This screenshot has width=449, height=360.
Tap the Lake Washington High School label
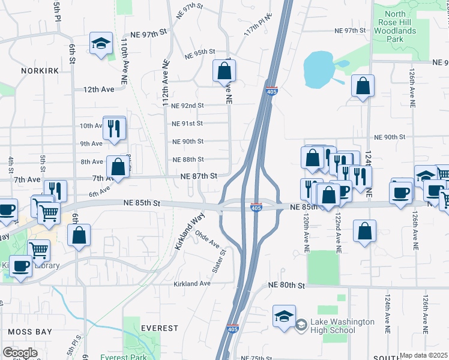coord(342,326)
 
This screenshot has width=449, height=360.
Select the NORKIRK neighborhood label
coord(40,71)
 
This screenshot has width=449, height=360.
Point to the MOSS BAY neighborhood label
coord(30,331)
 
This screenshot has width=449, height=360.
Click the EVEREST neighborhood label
coord(159,328)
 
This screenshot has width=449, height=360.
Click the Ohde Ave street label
coord(206,239)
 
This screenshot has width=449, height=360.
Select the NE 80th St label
coord(287,286)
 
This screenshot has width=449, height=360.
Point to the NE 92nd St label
coord(188,106)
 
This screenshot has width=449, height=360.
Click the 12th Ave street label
coord(98,89)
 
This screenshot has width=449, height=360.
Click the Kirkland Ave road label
coord(192,283)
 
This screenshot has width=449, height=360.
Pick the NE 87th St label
coord(199,176)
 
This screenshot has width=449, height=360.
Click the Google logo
coord(20,353)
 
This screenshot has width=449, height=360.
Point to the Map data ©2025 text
coord(424,355)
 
